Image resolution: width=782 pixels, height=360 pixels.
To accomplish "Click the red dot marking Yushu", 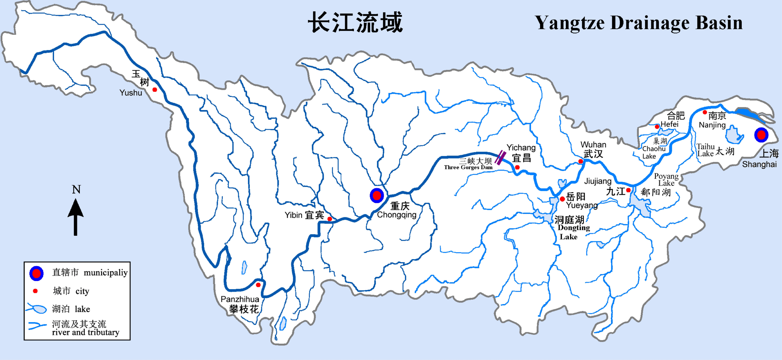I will tap(155, 90).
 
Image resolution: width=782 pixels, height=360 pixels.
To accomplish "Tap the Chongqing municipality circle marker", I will tap(377, 195).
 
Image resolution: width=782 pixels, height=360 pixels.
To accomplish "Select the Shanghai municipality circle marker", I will tap(761, 135).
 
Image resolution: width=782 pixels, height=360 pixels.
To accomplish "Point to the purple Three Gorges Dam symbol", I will tap(500, 158).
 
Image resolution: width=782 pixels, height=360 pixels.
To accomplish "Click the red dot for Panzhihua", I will tap(258, 285).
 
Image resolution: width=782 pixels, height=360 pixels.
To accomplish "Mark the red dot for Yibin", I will tap(330, 219).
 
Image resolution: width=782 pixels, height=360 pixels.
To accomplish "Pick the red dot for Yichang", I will tap(517, 167).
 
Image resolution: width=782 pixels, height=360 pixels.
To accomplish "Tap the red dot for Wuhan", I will tap(581, 161).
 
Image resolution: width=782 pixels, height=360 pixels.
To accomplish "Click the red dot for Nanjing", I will tap(705, 113).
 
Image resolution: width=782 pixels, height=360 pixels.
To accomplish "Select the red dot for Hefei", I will tap(657, 127).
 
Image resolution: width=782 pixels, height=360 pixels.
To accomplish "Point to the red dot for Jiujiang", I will tap(628, 190).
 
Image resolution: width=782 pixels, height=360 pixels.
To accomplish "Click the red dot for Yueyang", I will tap(562, 199).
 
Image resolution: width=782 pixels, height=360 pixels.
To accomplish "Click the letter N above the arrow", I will tap(76, 190).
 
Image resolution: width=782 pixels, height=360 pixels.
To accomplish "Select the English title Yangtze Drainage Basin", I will tap(639, 23).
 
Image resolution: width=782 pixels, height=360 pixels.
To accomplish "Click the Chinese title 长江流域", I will tap(355, 22).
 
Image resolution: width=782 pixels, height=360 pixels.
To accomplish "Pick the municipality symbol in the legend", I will tap(36, 273).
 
